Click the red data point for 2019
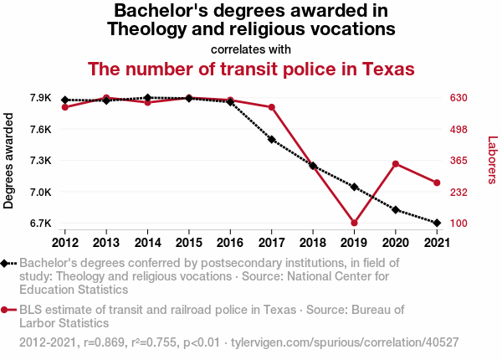(354, 223)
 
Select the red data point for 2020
(395, 163)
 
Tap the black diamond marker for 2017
(272, 139)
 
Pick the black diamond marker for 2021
(436, 223)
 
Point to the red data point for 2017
(272, 107)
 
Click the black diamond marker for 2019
(354, 187)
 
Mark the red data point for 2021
(436, 183)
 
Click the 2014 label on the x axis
(147, 243)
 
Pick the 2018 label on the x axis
(312, 243)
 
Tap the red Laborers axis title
(493, 161)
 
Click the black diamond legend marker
(5, 264)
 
